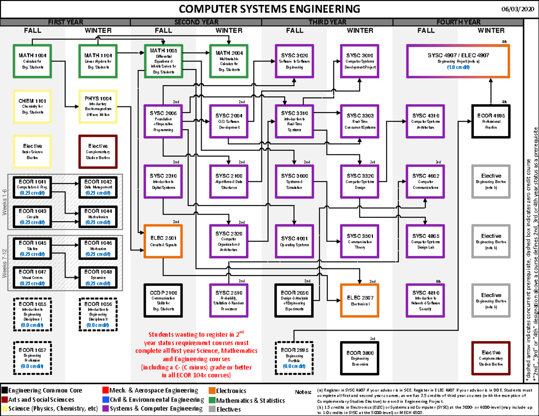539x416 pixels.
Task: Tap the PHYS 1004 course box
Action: [97, 106]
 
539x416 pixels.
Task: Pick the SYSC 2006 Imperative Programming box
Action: [163, 121]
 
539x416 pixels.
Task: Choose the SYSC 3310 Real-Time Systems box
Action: [294, 121]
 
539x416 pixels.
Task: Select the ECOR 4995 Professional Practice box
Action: [491, 121]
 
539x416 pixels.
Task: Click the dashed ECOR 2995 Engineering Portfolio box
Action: [294, 357]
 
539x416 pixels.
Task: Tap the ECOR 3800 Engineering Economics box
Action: [360, 357]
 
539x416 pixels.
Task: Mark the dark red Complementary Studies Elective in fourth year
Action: [491, 357]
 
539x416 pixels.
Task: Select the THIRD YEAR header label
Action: [327, 22]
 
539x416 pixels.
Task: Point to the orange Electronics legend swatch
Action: [212, 391]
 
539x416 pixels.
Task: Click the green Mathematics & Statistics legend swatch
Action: [212, 400]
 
